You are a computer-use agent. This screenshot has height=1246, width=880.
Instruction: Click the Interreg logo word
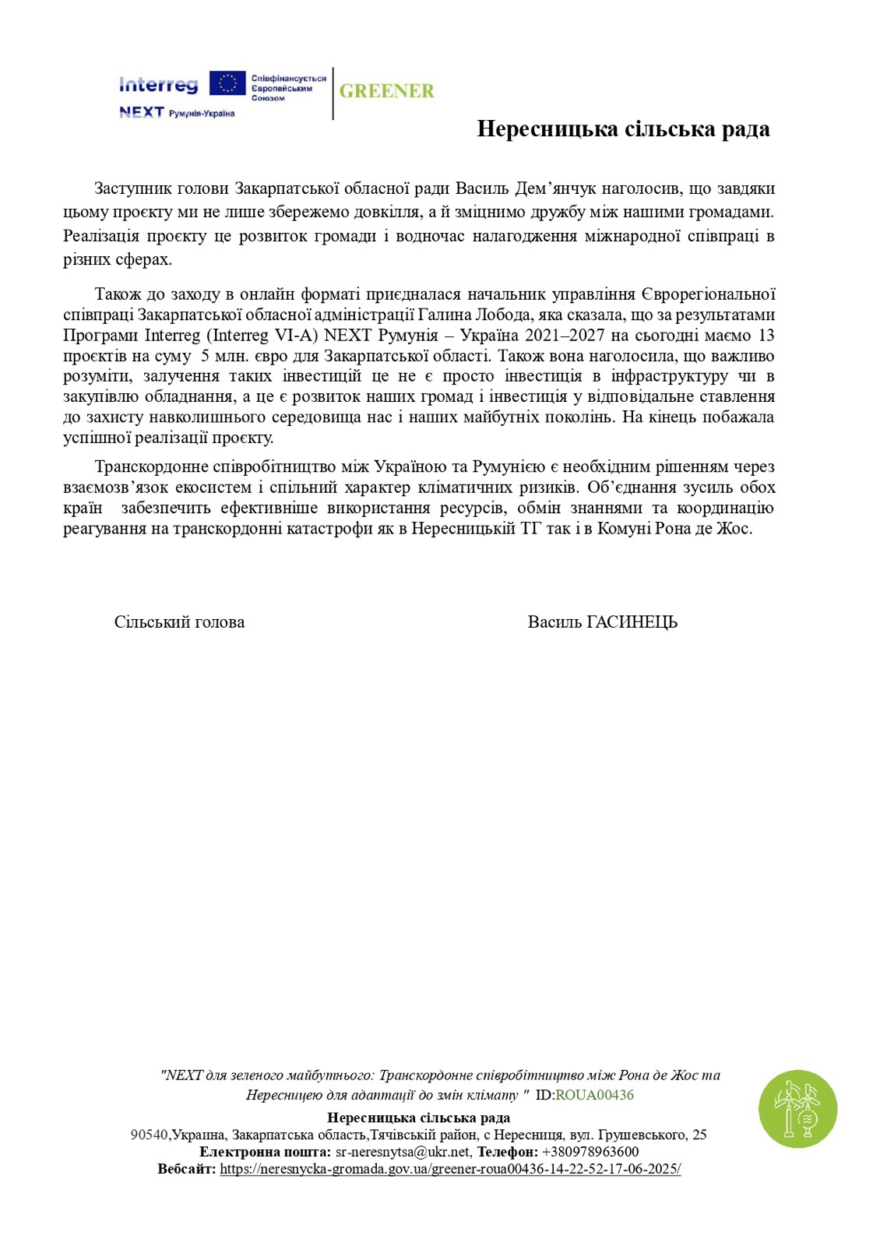(x=159, y=84)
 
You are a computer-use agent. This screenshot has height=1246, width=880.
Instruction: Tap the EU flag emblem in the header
(x=227, y=84)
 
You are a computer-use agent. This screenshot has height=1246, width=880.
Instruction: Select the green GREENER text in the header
(x=386, y=91)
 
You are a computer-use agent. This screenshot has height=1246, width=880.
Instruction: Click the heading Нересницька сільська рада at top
(x=623, y=129)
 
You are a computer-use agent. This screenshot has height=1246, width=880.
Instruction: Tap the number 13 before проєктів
(x=766, y=336)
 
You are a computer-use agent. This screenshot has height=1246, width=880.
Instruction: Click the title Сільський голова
(x=179, y=622)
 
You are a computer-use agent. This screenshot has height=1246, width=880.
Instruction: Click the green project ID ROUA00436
(x=594, y=1095)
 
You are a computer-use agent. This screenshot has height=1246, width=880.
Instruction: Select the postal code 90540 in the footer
(x=149, y=1135)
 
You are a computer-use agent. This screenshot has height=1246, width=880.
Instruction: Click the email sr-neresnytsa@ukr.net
(x=403, y=1152)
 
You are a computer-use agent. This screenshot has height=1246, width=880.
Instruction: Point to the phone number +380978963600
(x=590, y=1152)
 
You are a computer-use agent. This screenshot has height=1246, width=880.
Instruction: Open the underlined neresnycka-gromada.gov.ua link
(x=450, y=1169)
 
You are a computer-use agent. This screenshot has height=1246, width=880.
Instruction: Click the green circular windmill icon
(x=797, y=1109)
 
